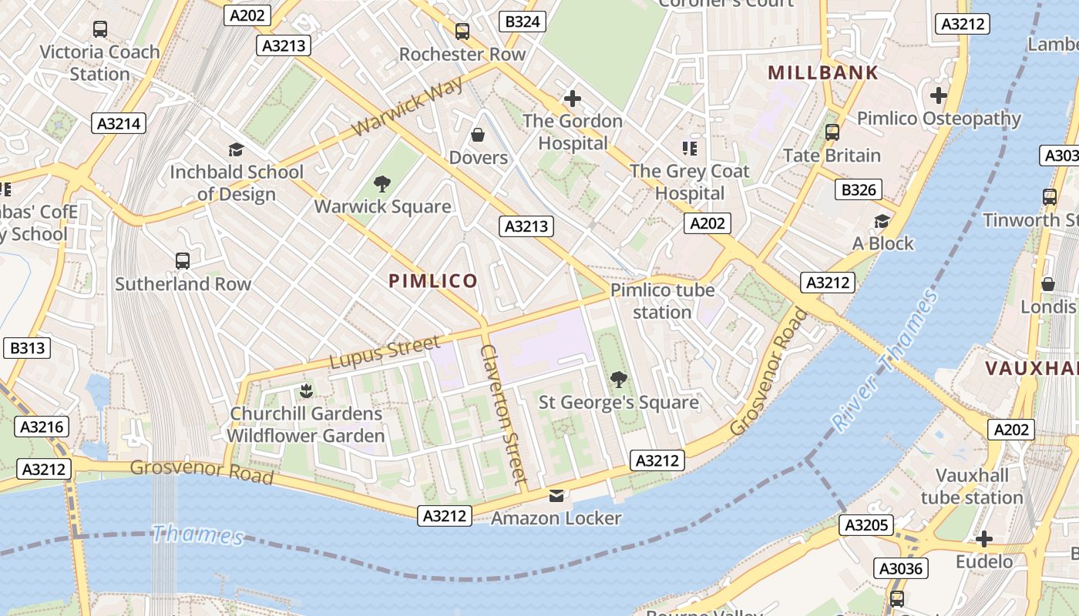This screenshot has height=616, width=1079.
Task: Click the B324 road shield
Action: point(522,22)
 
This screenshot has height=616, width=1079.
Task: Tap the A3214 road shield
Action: point(119,123)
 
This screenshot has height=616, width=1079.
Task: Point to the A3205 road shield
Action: point(866,526)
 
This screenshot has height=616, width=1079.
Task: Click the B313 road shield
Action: point(27,348)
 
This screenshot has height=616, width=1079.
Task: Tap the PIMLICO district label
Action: point(433,281)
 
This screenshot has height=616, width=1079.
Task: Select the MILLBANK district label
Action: point(823,73)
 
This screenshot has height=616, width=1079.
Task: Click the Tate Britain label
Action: point(832,156)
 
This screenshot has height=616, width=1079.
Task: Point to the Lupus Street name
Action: point(385,351)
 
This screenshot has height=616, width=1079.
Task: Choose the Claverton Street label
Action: point(503,414)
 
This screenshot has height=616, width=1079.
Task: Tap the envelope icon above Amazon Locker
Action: point(556,495)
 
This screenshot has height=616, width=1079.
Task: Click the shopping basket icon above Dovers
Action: point(478,135)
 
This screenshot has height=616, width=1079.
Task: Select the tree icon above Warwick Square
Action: point(382,183)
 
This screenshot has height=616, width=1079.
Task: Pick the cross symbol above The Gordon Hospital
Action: point(572,99)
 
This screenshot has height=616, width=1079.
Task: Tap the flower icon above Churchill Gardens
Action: point(306,390)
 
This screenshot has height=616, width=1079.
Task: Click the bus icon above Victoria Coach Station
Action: point(99,29)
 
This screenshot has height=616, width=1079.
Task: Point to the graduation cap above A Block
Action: point(882,222)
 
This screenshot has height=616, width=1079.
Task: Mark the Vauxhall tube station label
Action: point(972,487)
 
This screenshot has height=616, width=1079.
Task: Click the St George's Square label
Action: point(618,402)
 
